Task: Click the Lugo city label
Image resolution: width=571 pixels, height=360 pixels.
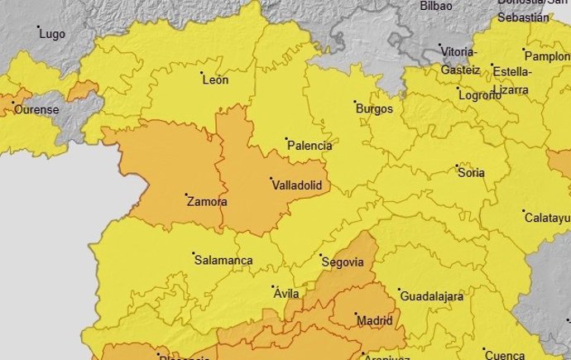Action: point(52,34)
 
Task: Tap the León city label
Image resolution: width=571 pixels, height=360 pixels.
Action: point(215,79)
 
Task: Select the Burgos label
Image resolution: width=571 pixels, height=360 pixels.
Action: point(373,108)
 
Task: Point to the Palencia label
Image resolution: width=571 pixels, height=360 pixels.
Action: point(309,146)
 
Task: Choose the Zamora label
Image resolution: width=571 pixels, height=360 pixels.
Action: point(207,201)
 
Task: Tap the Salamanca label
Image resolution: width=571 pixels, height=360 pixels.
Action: point(223,260)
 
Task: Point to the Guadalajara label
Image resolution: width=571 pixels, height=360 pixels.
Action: point(431,295)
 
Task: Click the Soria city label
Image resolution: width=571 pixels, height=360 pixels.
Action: point(471,173)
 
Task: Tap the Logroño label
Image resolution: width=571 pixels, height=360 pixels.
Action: point(479,95)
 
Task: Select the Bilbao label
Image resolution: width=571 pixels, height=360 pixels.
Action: point(436,6)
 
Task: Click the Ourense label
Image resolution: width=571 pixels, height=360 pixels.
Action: point(36,109)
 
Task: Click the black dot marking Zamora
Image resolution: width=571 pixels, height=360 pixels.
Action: point(185,195)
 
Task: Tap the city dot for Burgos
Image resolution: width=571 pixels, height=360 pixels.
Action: point(353,102)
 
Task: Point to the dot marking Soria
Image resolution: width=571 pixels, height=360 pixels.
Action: point(458,166)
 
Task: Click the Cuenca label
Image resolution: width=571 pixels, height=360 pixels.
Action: point(504,354)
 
